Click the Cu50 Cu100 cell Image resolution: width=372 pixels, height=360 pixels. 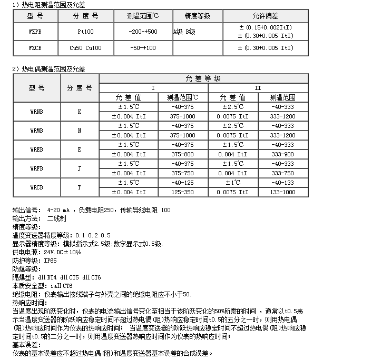(85, 48)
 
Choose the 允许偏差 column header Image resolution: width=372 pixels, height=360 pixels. (266, 16)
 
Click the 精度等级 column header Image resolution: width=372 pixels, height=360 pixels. (198, 16)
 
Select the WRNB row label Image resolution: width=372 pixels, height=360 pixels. (37, 112)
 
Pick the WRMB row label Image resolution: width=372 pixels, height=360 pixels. (37, 131)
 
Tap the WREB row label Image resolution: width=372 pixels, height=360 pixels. (37, 149)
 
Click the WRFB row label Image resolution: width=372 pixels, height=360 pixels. (37, 168)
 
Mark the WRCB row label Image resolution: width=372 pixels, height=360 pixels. (37, 187)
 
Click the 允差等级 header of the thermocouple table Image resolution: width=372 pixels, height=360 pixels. (203, 78)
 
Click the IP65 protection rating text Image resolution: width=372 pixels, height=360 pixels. (50, 260)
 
